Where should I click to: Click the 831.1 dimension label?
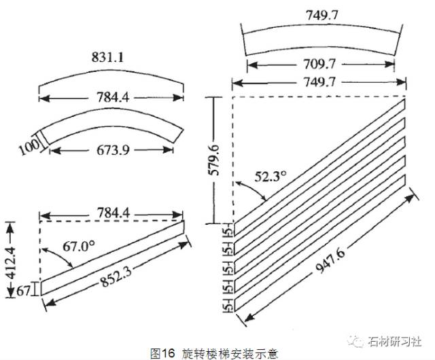pyautogui.click(x=109, y=60)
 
